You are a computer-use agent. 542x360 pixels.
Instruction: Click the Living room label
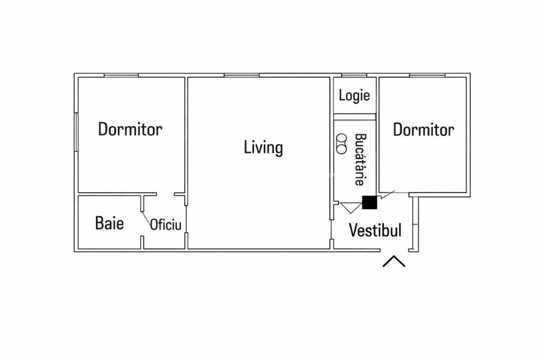(263, 148)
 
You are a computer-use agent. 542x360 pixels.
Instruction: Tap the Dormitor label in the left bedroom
(130, 129)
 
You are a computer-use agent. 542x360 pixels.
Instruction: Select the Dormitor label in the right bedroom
(423, 130)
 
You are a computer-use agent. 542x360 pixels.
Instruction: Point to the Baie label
(109, 223)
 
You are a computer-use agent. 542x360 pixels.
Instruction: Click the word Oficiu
(166, 225)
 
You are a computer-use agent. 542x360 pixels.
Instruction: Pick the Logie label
(355, 96)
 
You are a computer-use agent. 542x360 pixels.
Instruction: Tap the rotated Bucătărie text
(360, 159)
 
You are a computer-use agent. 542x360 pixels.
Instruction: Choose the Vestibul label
(375, 230)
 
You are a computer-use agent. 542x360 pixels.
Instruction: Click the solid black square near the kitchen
(369, 203)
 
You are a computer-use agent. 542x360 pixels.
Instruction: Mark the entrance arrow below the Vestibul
(394, 262)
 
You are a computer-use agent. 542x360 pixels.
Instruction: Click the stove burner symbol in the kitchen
(342, 143)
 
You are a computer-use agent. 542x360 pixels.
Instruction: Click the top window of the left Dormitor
(122, 75)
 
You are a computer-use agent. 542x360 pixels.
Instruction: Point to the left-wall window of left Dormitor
(76, 132)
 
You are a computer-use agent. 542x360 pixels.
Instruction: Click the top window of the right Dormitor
(426, 75)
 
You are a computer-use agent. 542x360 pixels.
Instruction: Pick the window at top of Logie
(350, 75)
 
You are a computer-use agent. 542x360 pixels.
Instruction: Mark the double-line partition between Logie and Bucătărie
(355, 116)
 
